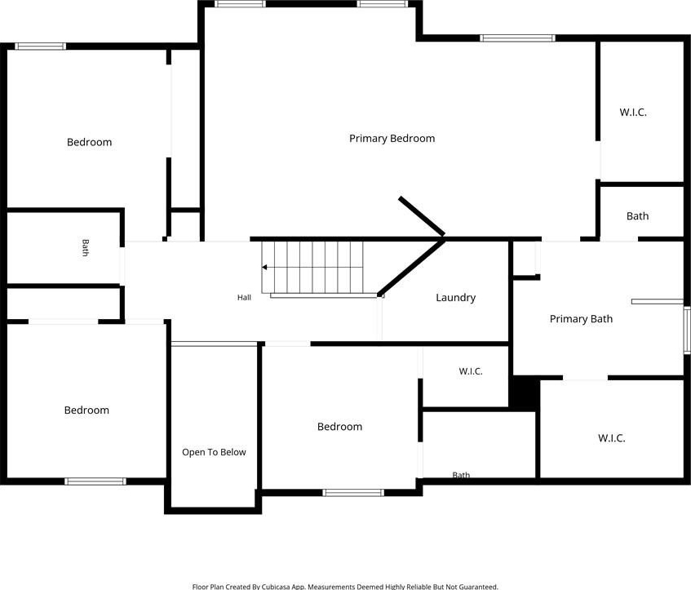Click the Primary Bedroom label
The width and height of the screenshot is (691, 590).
tap(392, 139)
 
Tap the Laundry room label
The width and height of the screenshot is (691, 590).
tap(456, 298)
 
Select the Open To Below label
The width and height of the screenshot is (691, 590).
tap(214, 452)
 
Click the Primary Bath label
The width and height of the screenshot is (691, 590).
tap(581, 319)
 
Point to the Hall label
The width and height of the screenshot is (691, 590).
tap(244, 298)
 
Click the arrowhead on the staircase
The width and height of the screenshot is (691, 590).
tap(264, 267)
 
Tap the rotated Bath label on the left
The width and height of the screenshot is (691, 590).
tap(85, 247)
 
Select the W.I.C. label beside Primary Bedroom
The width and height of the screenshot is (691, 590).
tap(633, 113)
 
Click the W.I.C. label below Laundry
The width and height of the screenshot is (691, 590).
tap(471, 371)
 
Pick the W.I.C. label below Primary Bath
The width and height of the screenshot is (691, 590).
tap(611, 438)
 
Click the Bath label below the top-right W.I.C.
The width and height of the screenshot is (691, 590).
tap(637, 216)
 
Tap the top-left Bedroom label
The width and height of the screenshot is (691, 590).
tap(89, 142)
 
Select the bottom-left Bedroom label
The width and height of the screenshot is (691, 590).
tap(86, 410)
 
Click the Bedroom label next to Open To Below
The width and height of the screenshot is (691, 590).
tap(339, 427)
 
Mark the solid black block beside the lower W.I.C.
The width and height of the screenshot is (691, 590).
tap(525, 393)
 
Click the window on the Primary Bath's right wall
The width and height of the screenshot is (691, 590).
tap(687, 330)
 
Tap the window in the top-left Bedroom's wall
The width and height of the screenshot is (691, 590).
tap(40, 47)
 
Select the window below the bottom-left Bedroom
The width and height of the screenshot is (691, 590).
tap(95, 481)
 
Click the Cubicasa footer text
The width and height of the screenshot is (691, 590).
tap(345, 587)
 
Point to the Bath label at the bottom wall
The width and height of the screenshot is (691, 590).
tap(461, 475)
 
